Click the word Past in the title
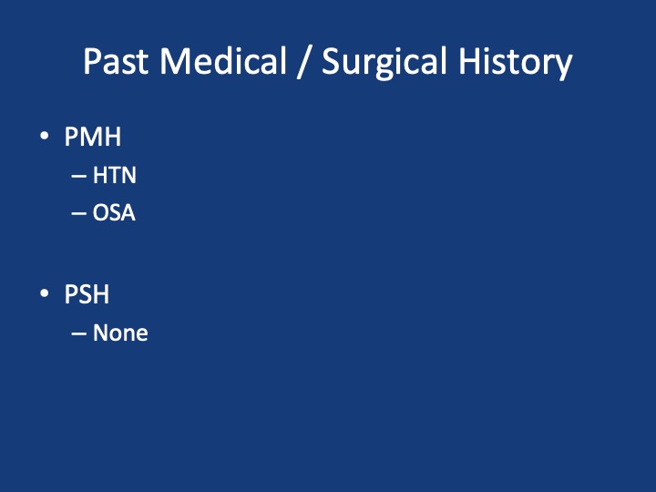click(x=116, y=61)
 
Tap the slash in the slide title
click(x=303, y=62)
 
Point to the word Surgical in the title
click(x=384, y=62)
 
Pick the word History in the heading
click(x=516, y=62)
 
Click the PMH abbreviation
click(x=93, y=137)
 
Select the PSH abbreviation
click(x=87, y=294)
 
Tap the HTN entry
click(x=114, y=175)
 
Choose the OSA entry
click(x=114, y=212)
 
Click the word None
click(x=120, y=333)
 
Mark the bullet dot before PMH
click(x=45, y=136)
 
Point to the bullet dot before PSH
click(x=45, y=292)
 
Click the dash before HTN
click(x=78, y=176)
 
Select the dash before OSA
click(x=78, y=214)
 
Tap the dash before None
click(x=78, y=333)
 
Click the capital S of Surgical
click(x=333, y=62)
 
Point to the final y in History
click(x=563, y=67)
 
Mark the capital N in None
click(x=101, y=333)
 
